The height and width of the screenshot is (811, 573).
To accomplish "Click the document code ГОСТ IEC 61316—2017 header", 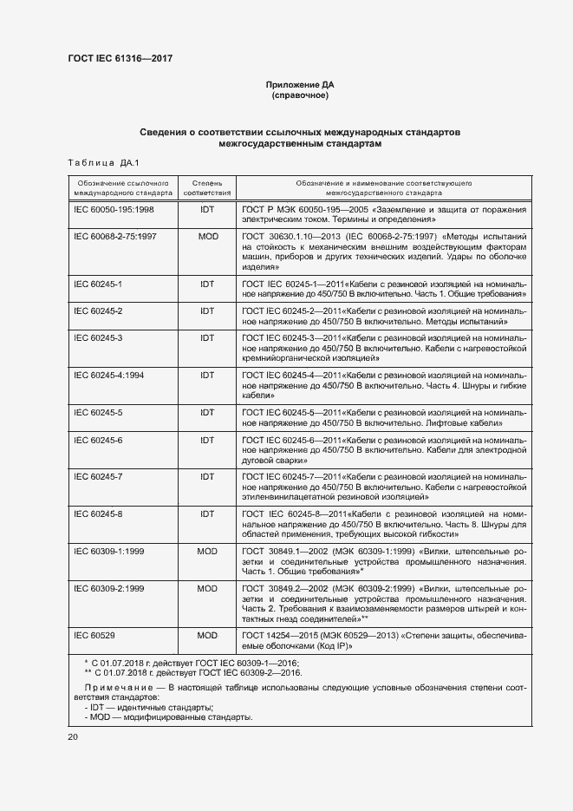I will point(120,58).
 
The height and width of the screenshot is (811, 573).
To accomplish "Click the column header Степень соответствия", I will point(207,188).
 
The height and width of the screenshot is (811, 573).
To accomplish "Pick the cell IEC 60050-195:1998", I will point(114,210).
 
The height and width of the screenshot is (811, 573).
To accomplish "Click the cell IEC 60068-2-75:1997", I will point(116,236).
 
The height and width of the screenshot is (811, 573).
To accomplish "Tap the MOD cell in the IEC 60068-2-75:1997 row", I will point(207,236).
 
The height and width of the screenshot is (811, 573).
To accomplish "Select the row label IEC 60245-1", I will point(98,285).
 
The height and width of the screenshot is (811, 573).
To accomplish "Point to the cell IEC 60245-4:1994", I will point(109,375).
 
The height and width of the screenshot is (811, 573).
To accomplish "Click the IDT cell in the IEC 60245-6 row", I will point(207,441).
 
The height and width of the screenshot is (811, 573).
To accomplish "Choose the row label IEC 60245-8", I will point(98,513).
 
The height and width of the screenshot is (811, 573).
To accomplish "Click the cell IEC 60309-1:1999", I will point(109,551).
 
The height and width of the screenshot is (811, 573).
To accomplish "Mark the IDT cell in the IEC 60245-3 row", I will point(207,337).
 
